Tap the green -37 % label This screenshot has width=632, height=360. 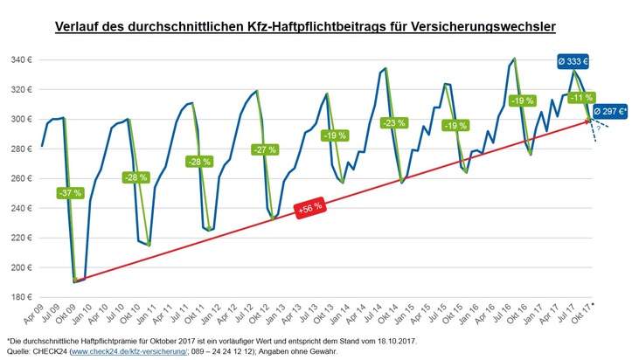click(x=69, y=192)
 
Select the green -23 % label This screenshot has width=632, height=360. click(x=394, y=123)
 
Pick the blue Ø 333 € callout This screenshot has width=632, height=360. click(x=573, y=62)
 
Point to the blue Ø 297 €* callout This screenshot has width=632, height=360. click(x=609, y=111)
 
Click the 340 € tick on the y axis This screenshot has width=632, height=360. click(x=23, y=60)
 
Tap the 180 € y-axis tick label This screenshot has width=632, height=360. click(x=23, y=297)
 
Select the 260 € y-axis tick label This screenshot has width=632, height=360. click(x=23, y=178)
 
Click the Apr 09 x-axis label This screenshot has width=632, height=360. click(x=33, y=312)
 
